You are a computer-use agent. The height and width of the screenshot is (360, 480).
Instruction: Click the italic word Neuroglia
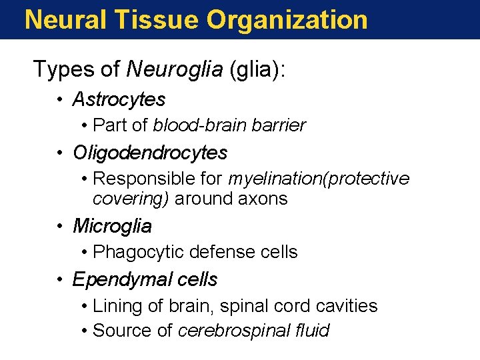coord(175,69)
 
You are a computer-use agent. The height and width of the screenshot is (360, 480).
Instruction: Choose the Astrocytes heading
coord(119,99)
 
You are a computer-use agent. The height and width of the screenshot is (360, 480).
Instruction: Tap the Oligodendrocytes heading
coord(150,153)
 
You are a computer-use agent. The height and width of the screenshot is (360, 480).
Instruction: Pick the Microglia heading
coord(112,226)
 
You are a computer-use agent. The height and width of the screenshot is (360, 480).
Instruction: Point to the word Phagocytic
coord(138,252)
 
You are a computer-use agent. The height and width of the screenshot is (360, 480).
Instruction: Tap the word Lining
coord(115,306)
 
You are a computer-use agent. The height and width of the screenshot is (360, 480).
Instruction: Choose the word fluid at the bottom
coord(312,331)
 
